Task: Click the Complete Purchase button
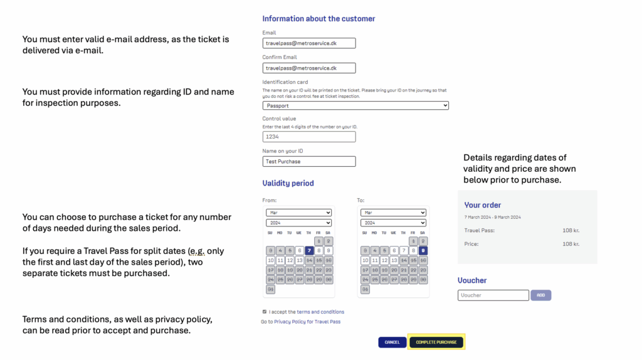(436, 342)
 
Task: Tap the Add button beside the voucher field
(540, 295)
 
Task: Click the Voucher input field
(493, 295)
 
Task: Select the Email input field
(309, 43)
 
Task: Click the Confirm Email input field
(309, 68)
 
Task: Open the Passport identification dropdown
(355, 105)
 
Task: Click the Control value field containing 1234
(309, 136)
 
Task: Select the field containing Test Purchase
(309, 161)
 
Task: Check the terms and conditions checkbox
(265, 311)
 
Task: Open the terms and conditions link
(320, 312)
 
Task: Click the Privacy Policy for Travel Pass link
(307, 322)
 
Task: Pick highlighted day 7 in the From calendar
(309, 250)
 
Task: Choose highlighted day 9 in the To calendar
(423, 250)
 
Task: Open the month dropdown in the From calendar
(298, 213)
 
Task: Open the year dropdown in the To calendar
(393, 223)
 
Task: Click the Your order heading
(482, 205)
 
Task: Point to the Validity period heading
(288, 183)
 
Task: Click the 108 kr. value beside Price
(571, 244)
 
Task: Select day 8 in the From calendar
(318, 250)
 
